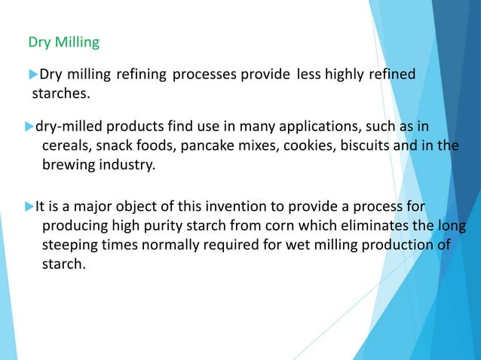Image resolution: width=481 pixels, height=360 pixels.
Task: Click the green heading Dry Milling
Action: click(63, 42)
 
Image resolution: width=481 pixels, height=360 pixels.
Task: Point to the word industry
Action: click(124, 165)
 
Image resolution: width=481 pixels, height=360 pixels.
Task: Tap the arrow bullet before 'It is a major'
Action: click(30, 206)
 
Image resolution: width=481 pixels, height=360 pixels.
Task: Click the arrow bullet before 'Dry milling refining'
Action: click(33, 74)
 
